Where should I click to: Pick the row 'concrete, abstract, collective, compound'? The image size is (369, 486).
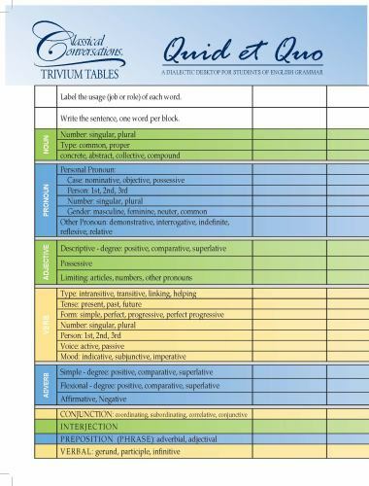[120, 155]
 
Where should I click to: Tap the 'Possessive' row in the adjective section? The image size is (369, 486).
[78, 262]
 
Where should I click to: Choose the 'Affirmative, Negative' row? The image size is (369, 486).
[93, 399]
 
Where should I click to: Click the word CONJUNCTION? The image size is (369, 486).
[92, 413]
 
